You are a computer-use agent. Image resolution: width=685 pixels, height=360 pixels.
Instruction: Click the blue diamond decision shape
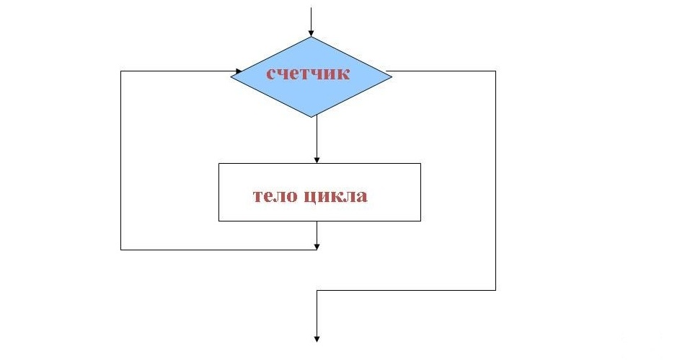click(311, 76)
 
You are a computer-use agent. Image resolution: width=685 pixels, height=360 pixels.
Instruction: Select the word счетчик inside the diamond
click(309, 73)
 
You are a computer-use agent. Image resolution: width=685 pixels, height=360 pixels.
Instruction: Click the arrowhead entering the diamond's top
click(311, 32)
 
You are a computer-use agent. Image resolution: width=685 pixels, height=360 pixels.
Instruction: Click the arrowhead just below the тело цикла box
click(317, 245)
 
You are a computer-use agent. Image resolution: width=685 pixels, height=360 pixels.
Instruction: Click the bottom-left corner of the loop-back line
click(121, 250)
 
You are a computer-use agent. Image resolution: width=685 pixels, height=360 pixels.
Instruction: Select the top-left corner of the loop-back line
click(121, 72)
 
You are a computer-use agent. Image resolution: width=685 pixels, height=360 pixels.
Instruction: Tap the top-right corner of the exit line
click(496, 71)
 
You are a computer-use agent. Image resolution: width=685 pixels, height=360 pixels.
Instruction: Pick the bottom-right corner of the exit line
click(496, 289)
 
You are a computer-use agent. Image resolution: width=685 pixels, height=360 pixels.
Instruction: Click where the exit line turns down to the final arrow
click(317, 289)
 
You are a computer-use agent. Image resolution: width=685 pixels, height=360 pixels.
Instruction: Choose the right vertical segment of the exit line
click(496, 180)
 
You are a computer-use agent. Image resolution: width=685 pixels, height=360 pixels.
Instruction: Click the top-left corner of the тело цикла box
click(219, 164)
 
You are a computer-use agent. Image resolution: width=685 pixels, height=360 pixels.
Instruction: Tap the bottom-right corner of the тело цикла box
click(420, 220)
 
